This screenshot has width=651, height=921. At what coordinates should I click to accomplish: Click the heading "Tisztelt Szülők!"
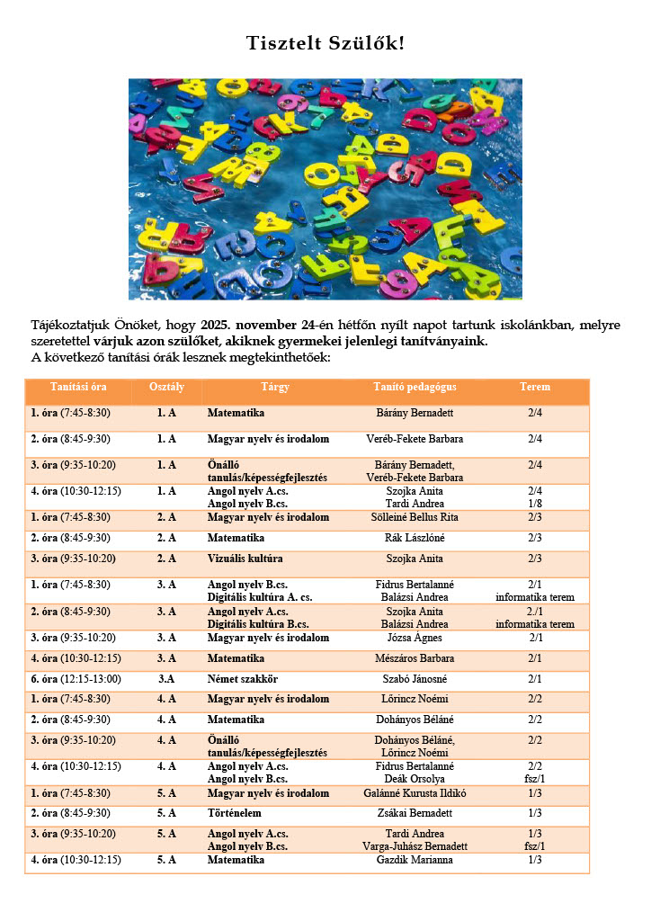pyautogui.click(x=326, y=44)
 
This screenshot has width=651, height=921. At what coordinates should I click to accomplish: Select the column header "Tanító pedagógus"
pyautogui.click(x=415, y=387)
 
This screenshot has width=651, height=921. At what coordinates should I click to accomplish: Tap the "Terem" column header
pyautogui.click(x=535, y=387)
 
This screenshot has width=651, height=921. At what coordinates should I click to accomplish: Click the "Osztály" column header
pyautogui.click(x=166, y=387)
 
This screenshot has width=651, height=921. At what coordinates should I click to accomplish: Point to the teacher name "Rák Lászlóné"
pyautogui.click(x=415, y=538)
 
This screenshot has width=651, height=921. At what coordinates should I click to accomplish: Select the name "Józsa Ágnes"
pyautogui.click(x=415, y=638)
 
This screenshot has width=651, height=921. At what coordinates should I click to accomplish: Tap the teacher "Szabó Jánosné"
pyautogui.click(x=415, y=679)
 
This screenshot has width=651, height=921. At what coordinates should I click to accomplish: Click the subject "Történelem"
pyautogui.click(x=236, y=813)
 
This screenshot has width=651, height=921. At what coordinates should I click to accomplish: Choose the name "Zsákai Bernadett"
pyautogui.click(x=415, y=813)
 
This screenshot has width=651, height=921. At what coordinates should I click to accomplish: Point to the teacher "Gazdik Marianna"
pyautogui.click(x=415, y=860)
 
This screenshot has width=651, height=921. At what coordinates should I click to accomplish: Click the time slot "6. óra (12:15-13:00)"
pyautogui.click(x=76, y=679)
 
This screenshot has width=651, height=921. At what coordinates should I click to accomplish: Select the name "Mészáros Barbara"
pyautogui.click(x=415, y=658)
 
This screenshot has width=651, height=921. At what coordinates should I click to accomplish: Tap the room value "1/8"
pyautogui.click(x=535, y=504)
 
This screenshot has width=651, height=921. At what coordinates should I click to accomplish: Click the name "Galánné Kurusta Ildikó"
pyautogui.click(x=415, y=793)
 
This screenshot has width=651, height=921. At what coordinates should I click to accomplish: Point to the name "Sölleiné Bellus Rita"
pyautogui.click(x=415, y=517)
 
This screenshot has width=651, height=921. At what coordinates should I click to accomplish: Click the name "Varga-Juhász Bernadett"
pyautogui.click(x=415, y=846)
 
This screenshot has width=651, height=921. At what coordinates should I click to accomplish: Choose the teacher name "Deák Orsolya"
pyautogui.click(x=415, y=779)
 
